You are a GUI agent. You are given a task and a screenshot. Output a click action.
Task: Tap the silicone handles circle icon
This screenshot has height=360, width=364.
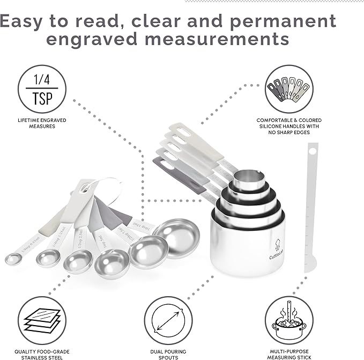tap(288, 89)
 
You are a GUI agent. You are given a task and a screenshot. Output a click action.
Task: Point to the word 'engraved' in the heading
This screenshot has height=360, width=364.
tap(107, 40)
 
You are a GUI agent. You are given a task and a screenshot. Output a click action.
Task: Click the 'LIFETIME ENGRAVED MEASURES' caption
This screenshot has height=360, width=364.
tap(42, 123)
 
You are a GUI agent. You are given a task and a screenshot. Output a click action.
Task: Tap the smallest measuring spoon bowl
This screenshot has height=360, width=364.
tap(13, 259)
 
